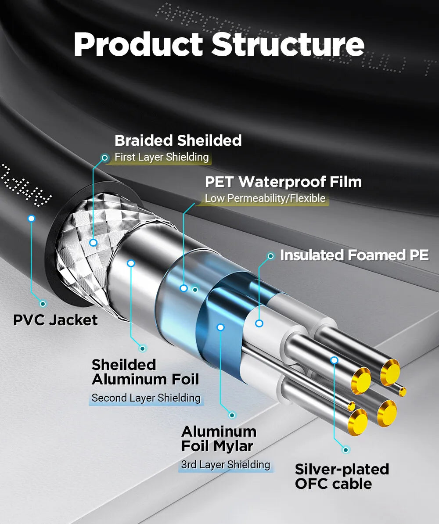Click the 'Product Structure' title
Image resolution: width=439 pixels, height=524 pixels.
[x=219, y=44]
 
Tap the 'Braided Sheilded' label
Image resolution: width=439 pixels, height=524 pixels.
[x=178, y=140]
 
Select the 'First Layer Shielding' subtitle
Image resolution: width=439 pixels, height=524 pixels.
[x=162, y=157]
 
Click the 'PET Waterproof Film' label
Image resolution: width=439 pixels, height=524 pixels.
[x=283, y=181]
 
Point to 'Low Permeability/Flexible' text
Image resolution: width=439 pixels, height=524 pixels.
[x=265, y=198]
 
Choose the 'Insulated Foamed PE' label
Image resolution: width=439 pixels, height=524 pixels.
[x=354, y=255]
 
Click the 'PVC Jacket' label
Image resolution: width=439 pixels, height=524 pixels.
[x=55, y=319]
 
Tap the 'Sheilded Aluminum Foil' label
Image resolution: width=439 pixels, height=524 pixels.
[x=145, y=372]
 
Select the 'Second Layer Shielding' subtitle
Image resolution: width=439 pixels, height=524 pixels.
[x=146, y=398]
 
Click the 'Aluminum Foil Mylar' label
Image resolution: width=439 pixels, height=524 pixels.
[x=218, y=438]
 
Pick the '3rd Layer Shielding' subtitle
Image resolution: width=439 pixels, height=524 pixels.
[x=225, y=464]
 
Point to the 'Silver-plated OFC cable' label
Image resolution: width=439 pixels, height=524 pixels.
[x=342, y=476]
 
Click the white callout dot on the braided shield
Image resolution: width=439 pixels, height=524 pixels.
[x=93, y=242]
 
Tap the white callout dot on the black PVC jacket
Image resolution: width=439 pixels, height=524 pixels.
[x=31, y=218]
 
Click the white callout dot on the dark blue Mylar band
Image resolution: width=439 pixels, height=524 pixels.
[x=220, y=327]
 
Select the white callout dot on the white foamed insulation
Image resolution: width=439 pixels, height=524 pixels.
[x=259, y=323]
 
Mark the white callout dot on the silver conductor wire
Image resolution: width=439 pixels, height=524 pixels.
[x=335, y=360]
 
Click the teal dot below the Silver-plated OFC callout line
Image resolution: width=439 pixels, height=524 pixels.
[x=346, y=450]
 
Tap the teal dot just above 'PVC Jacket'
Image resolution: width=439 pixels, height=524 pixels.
[x=43, y=303]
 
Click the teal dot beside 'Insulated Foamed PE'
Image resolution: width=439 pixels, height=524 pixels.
[x=271, y=256]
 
